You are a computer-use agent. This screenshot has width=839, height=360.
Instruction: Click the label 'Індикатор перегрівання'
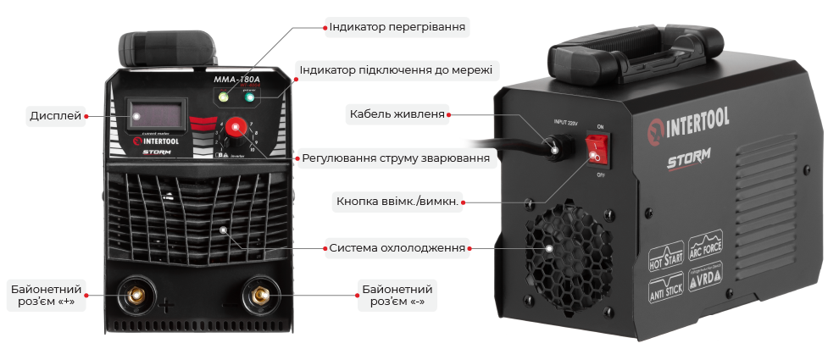click(x=397, y=27)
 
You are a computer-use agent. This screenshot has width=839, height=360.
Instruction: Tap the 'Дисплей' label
click(x=56, y=116)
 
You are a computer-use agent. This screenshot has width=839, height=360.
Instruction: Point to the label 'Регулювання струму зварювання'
click(x=396, y=158)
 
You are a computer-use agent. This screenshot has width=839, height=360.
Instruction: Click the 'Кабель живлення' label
click(x=397, y=114)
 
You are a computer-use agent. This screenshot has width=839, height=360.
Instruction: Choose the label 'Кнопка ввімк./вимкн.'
click(x=397, y=202)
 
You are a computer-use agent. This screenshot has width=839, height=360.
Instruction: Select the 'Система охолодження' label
click(x=397, y=248)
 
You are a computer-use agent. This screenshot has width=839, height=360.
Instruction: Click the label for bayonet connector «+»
click(x=47, y=295)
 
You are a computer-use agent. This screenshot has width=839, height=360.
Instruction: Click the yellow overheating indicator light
click(x=223, y=98)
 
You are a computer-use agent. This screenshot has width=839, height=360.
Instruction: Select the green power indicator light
click(x=250, y=98)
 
